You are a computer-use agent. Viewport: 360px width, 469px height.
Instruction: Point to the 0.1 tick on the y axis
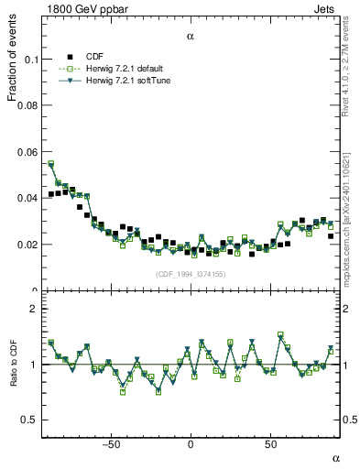point(31,60)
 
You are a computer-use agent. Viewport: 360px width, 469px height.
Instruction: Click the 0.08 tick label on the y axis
point(27,106)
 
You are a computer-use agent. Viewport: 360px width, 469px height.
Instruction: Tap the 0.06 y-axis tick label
point(27,152)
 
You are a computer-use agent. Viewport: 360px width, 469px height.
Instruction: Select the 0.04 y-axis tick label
point(27,199)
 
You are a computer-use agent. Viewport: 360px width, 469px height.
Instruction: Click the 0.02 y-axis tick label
point(27,245)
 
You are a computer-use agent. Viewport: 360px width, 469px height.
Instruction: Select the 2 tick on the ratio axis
point(34,310)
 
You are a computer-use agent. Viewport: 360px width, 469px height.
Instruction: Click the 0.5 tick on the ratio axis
point(30,420)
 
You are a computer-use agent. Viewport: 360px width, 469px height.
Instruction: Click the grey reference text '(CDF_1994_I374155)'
point(191,274)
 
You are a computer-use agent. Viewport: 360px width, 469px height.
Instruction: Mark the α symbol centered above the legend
point(191,38)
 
